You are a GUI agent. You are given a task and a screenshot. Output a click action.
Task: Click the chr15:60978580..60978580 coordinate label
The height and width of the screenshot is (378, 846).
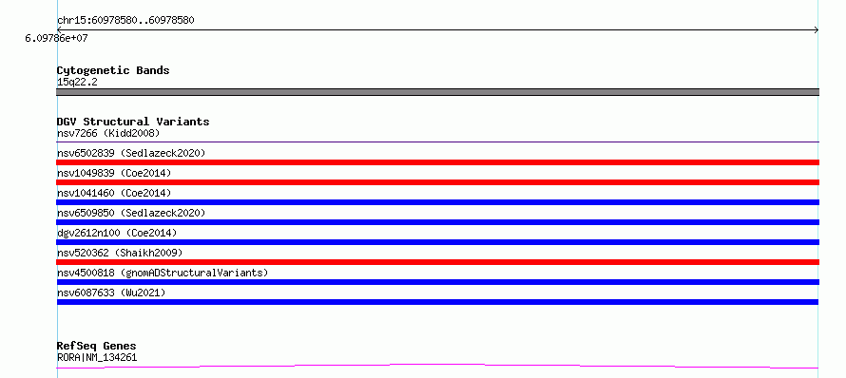[125, 21]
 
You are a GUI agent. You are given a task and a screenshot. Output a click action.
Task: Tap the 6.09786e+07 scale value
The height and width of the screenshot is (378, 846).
[56, 39]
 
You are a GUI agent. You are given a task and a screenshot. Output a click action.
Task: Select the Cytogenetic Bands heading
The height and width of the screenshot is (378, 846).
[113, 70]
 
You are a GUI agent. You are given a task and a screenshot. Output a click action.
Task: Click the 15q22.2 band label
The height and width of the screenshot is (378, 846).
[77, 83]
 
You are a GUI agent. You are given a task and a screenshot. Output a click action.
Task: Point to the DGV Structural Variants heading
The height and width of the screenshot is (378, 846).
[133, 122]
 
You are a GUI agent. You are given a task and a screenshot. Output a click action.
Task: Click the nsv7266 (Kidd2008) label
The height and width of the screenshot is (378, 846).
[108, 133]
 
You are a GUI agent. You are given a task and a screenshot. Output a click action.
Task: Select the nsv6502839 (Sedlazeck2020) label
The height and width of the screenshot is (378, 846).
[131, 153]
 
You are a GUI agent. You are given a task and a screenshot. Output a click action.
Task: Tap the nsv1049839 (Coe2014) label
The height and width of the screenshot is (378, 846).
[114, 173]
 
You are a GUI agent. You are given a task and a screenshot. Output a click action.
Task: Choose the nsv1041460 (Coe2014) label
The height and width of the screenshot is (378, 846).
[114, 193]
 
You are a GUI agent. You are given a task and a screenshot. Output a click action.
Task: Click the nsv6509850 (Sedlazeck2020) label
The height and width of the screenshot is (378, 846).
[131, 213]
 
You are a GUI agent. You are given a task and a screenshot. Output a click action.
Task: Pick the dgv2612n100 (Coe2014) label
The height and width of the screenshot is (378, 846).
[117, 233]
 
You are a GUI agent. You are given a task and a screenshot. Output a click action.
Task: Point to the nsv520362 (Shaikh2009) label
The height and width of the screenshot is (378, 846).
[120, 253]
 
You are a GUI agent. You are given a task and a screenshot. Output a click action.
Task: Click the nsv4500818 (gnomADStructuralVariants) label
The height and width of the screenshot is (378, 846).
[163, 273]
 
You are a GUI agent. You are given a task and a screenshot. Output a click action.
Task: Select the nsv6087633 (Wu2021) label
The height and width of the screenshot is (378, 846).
[111, 293]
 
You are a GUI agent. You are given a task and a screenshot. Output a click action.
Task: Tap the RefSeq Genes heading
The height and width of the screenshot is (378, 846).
[97, 346]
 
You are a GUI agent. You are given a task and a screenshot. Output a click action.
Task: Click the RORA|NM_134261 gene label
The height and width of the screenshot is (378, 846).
[97, 357]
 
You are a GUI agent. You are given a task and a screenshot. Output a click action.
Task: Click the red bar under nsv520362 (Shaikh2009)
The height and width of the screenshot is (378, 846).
[437, 262]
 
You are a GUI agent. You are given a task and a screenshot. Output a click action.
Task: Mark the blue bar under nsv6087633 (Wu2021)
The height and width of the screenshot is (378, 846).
[437, 302]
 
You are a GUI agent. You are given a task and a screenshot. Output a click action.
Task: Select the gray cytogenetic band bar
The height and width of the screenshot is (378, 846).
[437, 92]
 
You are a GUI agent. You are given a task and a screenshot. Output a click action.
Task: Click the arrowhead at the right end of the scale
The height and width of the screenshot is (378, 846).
[817, 30]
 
